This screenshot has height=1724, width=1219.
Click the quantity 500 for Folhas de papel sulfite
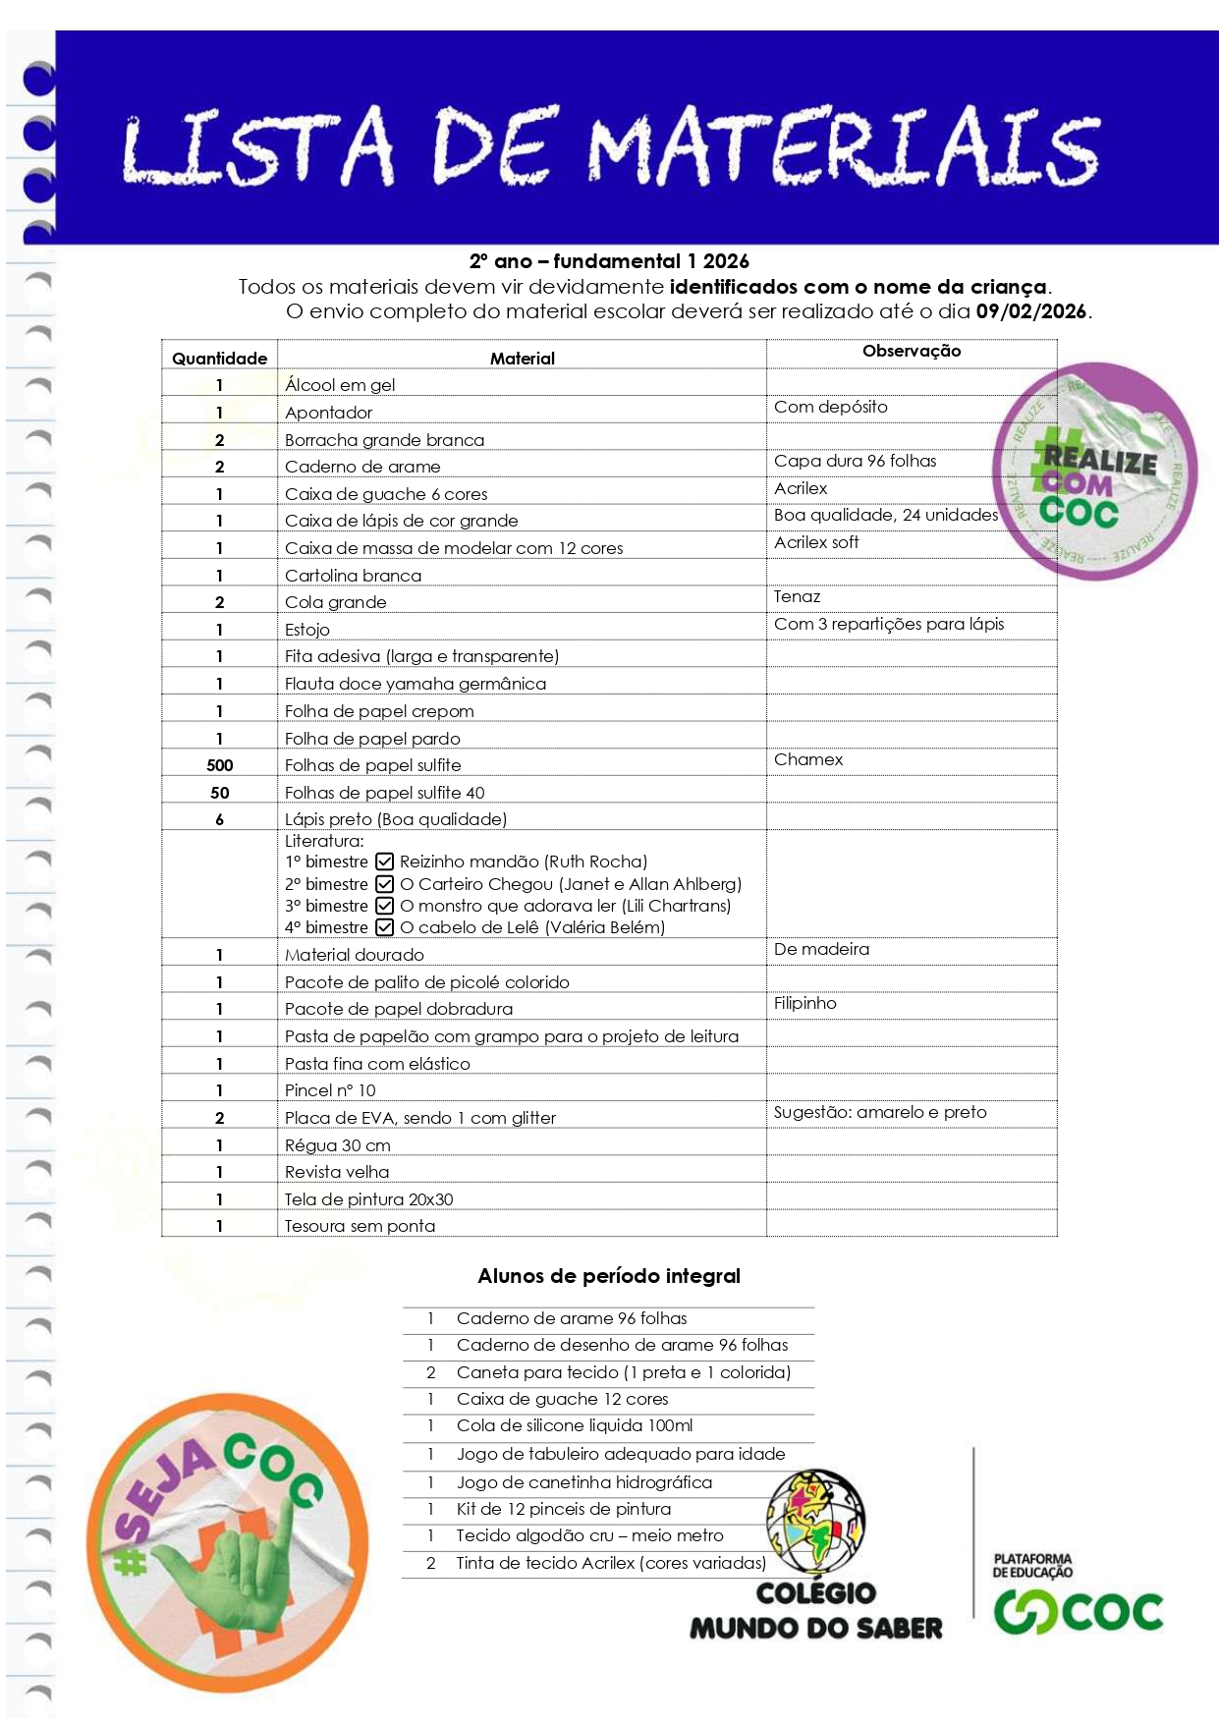[220, 765]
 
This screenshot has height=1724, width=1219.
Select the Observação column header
[912, 351]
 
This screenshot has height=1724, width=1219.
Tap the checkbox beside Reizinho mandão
[385, 862]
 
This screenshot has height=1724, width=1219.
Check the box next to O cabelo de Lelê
[385, 927]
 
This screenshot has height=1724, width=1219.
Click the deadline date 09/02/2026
[1031, 311]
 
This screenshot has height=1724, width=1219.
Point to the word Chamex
[808, 759]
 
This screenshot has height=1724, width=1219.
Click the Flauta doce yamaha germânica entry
[416, 684]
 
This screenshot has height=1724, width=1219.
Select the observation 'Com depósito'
[831, 407]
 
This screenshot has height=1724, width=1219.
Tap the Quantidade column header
[220, 359]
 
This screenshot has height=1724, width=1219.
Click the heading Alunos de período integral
[609, 1276]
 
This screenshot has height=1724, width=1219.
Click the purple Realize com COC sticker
[1095, 472]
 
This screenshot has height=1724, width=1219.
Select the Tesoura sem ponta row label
[360, 1226]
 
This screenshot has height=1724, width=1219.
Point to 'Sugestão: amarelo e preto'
[880, 1112]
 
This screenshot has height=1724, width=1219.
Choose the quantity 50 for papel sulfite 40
[220, 793]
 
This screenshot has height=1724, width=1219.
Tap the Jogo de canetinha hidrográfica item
[584, 1482]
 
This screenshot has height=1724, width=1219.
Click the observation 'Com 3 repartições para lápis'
[889, 624]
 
